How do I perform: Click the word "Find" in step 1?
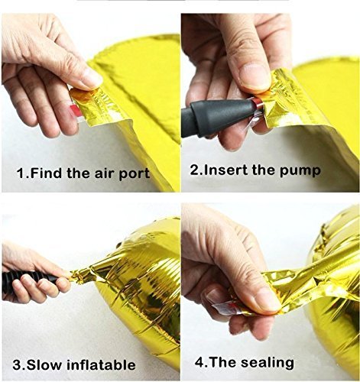(45, 173)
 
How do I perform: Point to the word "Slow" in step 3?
(44, 364)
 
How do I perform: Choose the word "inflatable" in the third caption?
(101, 364)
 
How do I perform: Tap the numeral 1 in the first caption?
(21, 173)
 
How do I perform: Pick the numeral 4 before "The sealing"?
(199, 362)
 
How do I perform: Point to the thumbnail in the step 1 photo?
(92, 77)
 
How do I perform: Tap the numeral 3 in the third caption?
(17, 365)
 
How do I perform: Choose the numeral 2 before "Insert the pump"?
(194, 170)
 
